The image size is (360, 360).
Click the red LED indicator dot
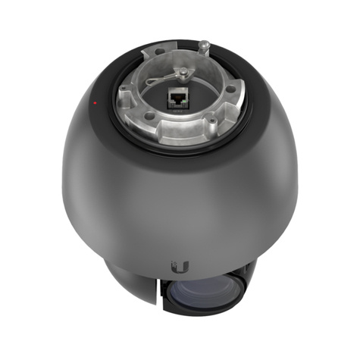pos(93,101)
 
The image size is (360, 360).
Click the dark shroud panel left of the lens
pos(136,284)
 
